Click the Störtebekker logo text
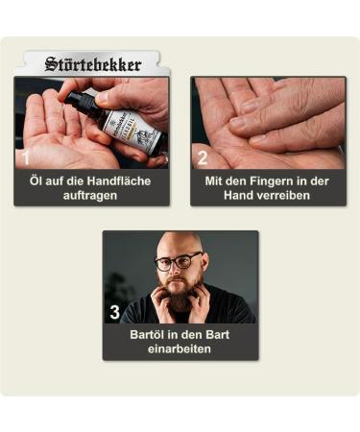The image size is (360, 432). pyautogui.click(x=93, y=65)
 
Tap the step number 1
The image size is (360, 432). pyautogui.click(x=26, y=156)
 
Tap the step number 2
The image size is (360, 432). pyautogui.click(x=203, y=156)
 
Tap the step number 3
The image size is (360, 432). pyautogui.click(x=115, y=311)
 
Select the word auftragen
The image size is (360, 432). pyautogui.click(x=91, y=195)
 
